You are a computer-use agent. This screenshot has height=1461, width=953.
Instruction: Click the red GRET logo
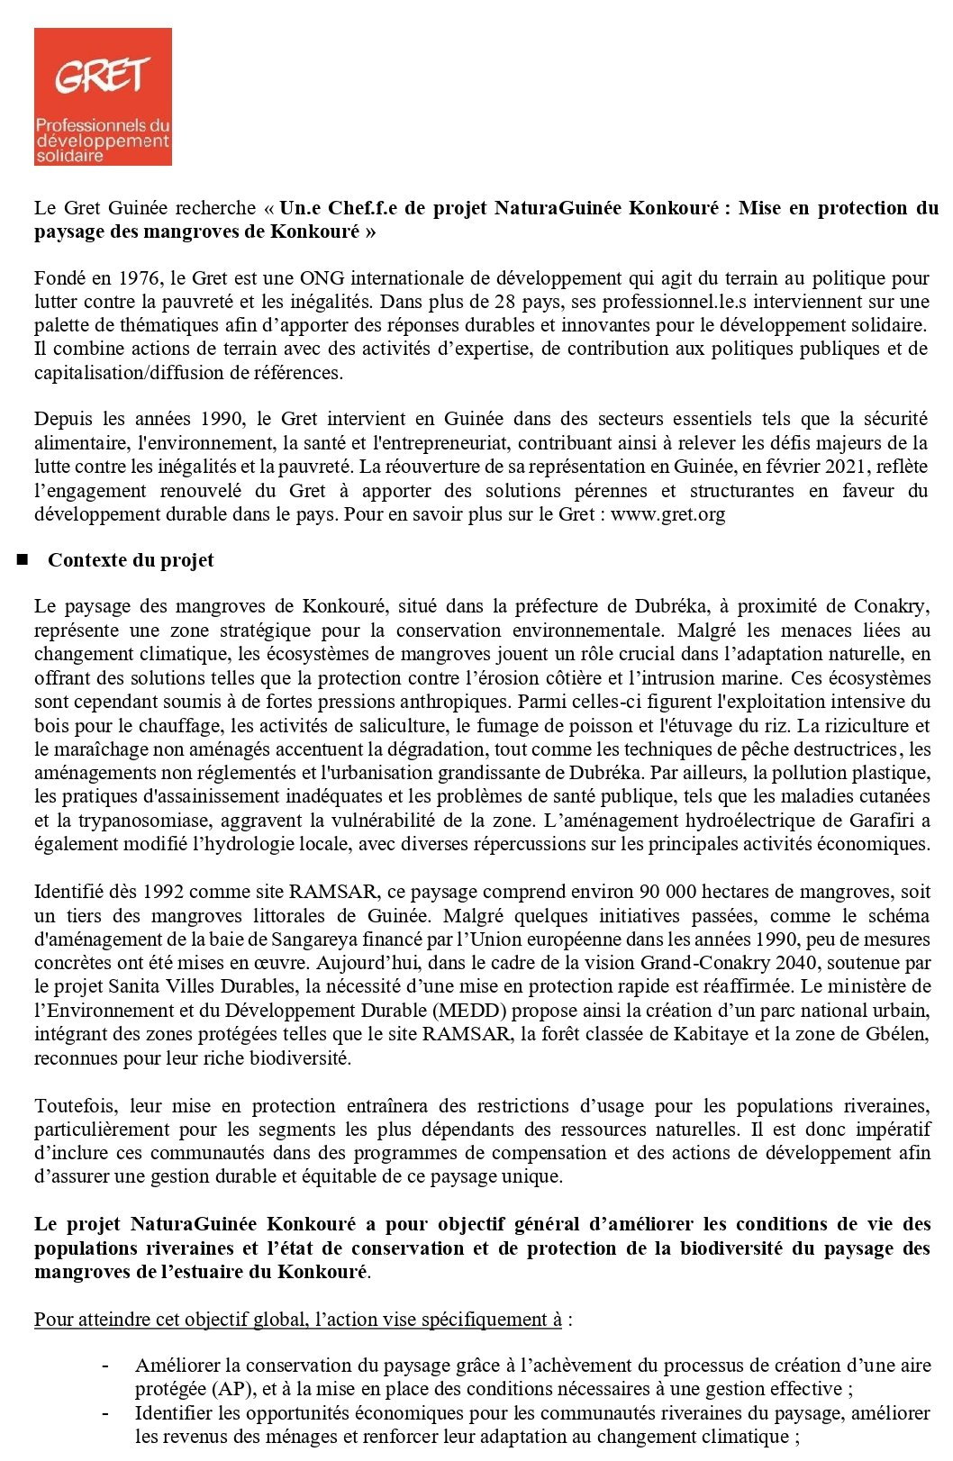click(x=103, y=96)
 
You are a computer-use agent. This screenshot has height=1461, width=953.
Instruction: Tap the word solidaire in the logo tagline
click(x=69, y=156)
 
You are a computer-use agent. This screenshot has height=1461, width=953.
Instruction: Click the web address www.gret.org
click(x=668, y=514)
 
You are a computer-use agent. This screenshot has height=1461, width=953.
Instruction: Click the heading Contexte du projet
click(x=131, y=560)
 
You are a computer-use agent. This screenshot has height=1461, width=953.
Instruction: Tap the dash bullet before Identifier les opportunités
click(x=107, y=1413)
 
